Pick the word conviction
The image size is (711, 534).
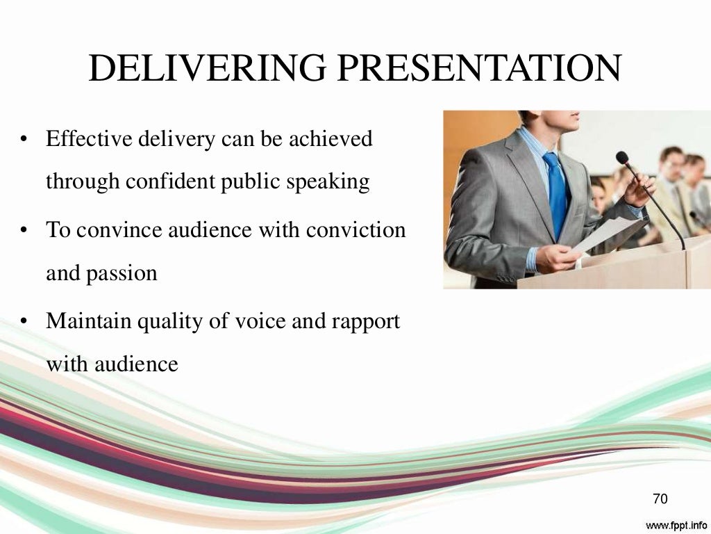pyautogui.click(x=360, y=230)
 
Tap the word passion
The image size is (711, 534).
pyautogui.click(x=122, y=274)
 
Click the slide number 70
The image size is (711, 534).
pyautogui.click(x=660, y=499)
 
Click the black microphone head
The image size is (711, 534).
pyautogui.click(x=622, y=158)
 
